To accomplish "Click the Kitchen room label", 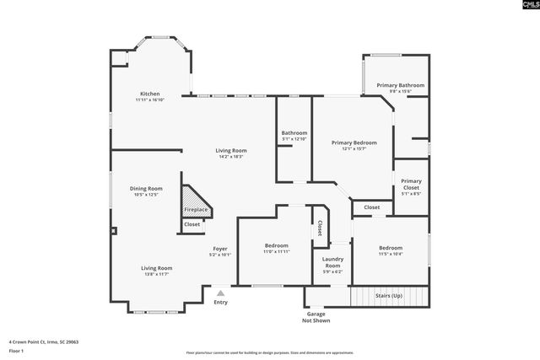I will pos(149,94).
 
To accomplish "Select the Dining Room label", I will pos(146,188).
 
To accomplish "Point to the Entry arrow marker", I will pos(220,293).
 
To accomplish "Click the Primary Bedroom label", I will pos(354,142).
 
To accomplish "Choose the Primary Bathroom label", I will pos(400,85).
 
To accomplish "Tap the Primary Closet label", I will pos(411,184).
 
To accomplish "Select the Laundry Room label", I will pos(332,263).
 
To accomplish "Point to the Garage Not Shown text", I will pos(316,317).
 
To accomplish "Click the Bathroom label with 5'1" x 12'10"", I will pos(294,132).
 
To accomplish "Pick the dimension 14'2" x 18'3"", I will pos(230,157).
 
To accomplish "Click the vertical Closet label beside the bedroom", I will pos(320,228).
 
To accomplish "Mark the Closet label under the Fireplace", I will pos(192,224).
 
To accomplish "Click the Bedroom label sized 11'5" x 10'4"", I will pos(390,247).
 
